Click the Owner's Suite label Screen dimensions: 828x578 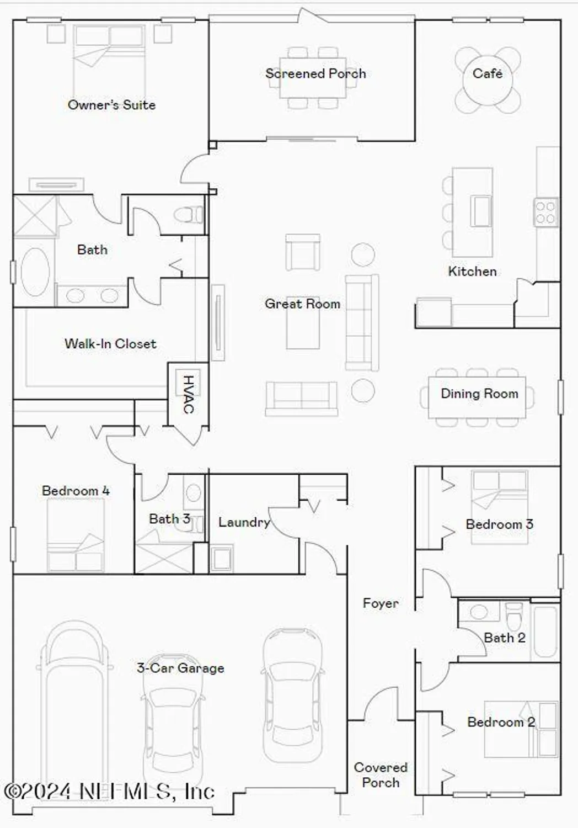point(111,105)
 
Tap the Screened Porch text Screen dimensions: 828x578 point(315,73)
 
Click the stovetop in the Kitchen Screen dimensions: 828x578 point(545,212)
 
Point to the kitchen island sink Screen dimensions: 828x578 point(480,210)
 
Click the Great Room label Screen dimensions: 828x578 point(302,304)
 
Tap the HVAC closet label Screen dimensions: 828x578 point(188,394)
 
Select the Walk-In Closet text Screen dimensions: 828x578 point(110,344)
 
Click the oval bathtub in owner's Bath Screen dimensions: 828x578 point(35,272)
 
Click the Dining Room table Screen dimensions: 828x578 point(478,397)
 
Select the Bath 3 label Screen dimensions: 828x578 point(169,519)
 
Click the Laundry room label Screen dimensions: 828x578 point(244,522)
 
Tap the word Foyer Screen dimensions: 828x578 point(381,603)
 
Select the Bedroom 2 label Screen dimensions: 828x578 point(501,722)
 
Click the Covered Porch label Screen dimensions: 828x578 point(381,775)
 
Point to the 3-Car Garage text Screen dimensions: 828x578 point(180,668)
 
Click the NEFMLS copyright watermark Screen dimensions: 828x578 point(109,792)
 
